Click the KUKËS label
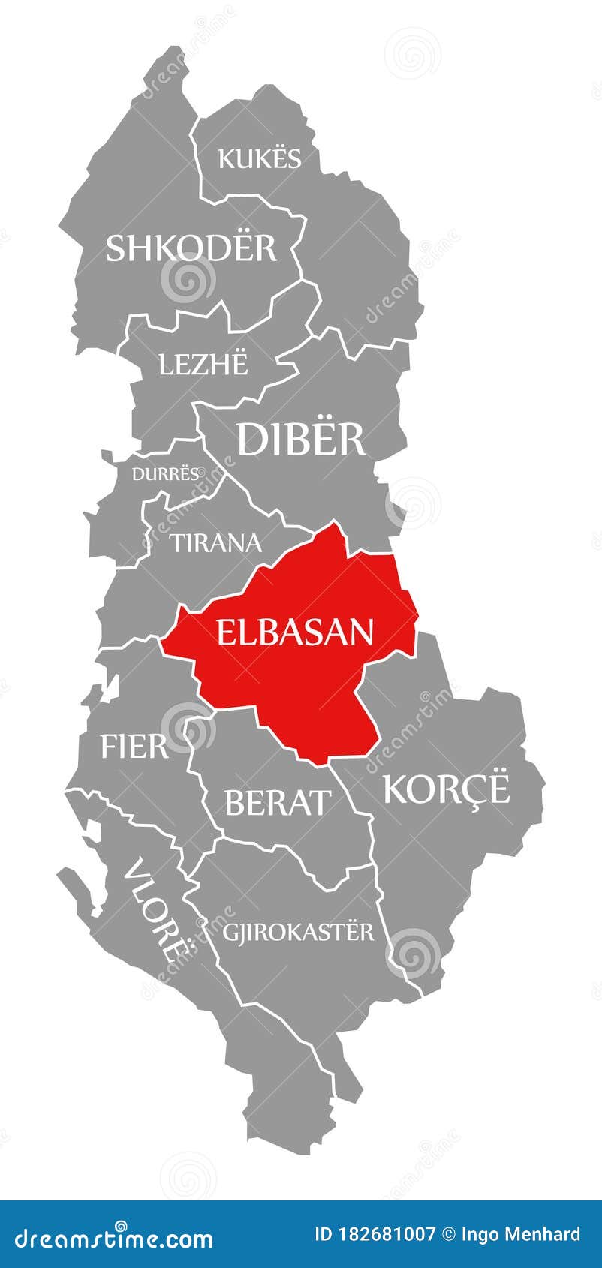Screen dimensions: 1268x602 click(259, 158)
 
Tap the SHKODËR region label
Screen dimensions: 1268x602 click(191, 248)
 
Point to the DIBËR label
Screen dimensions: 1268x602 click(301, 440)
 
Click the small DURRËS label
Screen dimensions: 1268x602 click(166, 473)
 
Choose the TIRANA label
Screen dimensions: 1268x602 click(216, 542)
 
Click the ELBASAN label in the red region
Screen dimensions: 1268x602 click(295, 632)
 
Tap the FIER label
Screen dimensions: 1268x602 click(134, 747)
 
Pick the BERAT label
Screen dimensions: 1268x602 click(277, 803)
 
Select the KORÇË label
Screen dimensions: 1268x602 click(447, 788)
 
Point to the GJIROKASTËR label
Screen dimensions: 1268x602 click(298, 932)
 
